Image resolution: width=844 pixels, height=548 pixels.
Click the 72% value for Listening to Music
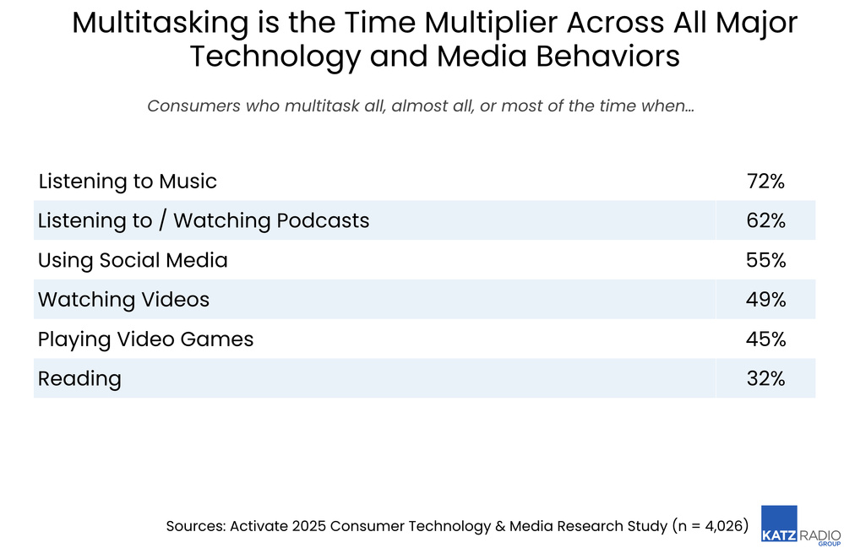click(765, 182)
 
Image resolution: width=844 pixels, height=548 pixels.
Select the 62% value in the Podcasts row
click(765, 221)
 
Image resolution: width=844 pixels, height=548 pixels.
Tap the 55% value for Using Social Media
click(765, 260)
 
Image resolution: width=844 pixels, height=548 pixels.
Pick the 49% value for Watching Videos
click(765, 300)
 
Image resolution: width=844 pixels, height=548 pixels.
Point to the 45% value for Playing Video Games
click(765, 339)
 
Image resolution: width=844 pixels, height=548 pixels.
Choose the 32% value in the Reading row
click(765, 379)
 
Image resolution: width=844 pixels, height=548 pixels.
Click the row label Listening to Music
click(128, 182)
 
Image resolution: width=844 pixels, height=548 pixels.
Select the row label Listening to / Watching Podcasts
click(204, 221)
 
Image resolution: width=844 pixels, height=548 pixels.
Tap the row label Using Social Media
click(133, 260)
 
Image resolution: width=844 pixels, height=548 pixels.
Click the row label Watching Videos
click(123, 300)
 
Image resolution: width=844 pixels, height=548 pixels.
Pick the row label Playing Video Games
click(145, 339)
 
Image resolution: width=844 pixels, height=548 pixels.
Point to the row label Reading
click(79, 379)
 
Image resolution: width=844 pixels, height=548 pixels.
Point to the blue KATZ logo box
click(778, 524)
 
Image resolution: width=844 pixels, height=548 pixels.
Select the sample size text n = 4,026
click(710, 526)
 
